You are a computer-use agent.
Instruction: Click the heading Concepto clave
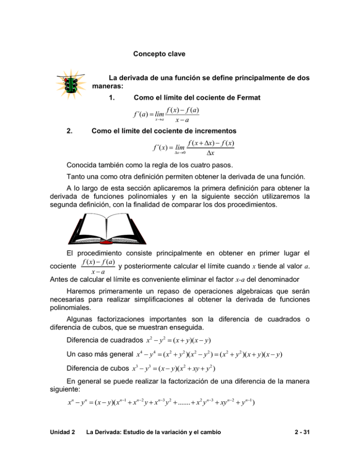pos(159,54)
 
